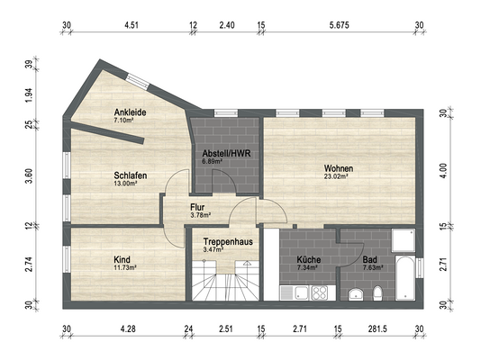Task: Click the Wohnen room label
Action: point(339,168)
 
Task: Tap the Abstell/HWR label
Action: point(226,153)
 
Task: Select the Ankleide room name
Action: point(130,112)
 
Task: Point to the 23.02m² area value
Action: point(336,176)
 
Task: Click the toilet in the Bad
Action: point(377,293)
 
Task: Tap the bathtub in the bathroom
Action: point(405,277)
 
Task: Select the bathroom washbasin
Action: point(356,293)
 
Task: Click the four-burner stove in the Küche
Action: point(320,292)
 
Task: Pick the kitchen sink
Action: point(301,292)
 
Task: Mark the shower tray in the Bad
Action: point(404,240)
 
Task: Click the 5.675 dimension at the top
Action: point(340,25)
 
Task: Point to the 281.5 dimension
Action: point(377,329)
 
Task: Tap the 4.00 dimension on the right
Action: point(443,171)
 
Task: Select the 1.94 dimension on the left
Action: point(29,95)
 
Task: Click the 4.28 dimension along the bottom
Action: point(128,329)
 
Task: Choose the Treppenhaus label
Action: point(228,242)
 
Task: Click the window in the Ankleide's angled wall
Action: point(138,82)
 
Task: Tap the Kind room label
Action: point(122,260)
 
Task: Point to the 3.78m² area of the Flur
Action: point(200,215)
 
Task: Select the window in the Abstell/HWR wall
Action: point(226,113)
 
